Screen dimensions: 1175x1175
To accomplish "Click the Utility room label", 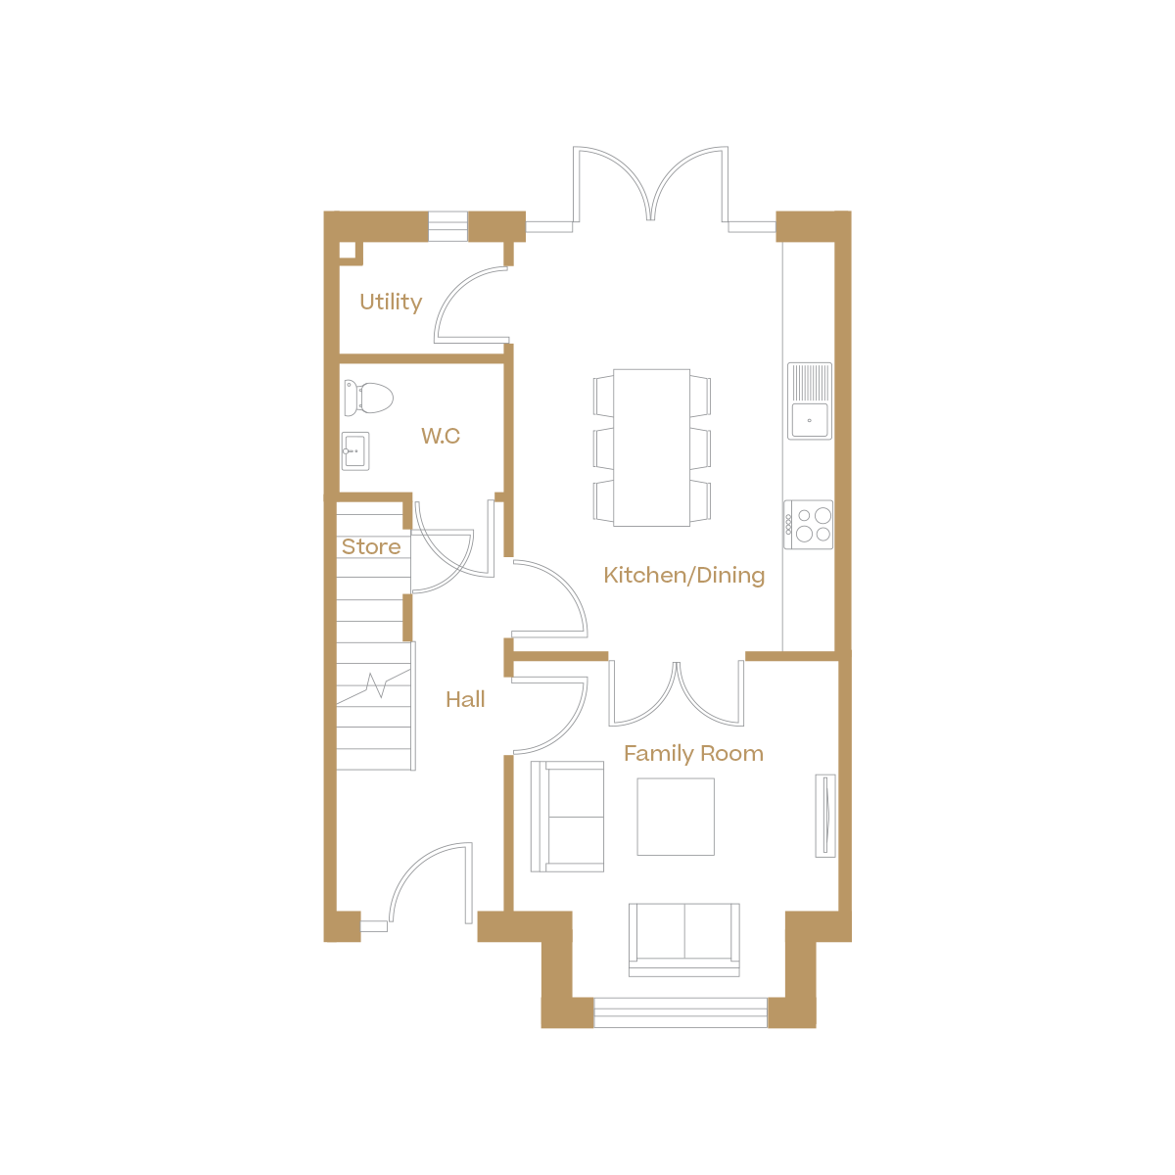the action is tap(391, 302).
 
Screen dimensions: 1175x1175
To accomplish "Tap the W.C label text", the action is tap(441, 436).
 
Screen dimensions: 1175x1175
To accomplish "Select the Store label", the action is tap(371, 546).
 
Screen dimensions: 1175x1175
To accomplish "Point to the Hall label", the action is tap(465, 699).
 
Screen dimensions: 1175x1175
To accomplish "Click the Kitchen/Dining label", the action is tap(684, 575).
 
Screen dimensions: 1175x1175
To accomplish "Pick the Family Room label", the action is tap(693, 753).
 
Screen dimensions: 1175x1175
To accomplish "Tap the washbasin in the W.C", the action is tap(355, 451).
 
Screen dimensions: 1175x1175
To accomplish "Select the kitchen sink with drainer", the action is tap(810, 400).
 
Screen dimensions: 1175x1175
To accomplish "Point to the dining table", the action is tap(652, 446).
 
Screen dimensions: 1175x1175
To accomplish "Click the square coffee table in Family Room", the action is tap(676, 817).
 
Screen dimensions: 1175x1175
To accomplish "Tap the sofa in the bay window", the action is tap(683, 938).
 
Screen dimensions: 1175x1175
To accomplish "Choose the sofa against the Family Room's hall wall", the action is tap(567, 816).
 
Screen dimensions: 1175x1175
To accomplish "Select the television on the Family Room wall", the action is tap(825, 815).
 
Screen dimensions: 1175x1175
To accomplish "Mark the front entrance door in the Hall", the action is tap(431, 881).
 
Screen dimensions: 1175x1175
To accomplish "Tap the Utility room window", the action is tap(448, 226).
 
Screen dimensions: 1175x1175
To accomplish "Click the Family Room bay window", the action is tap(681, 1011).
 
